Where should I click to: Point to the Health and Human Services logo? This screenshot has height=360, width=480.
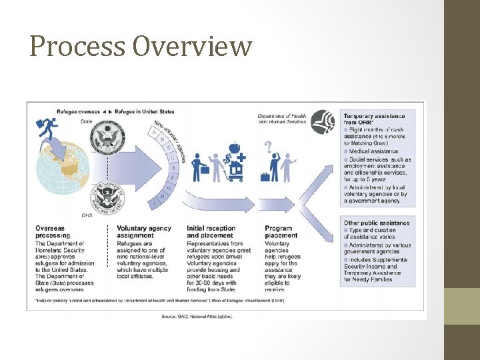(x=323, y=121)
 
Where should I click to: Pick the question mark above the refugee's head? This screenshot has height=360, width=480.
(x=268, y=146)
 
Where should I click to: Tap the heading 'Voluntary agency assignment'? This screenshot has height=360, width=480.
(x=143, y=232)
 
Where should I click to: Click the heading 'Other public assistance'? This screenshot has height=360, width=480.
(x=377, y=223)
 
